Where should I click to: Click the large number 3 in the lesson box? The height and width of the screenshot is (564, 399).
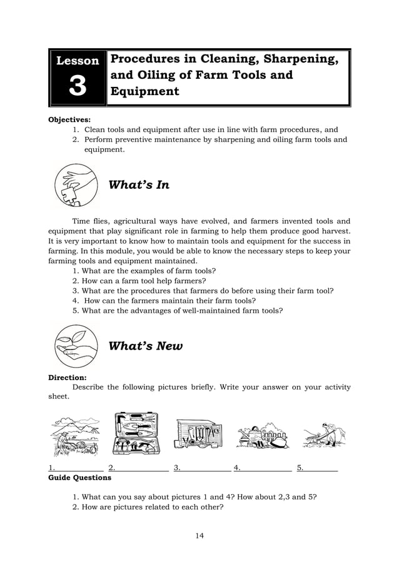(78, 86)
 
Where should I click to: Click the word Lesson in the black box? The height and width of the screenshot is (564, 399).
(78, 61)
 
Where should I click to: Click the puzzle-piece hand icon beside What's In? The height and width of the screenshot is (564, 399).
(76, 185)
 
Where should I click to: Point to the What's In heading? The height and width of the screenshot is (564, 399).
(139, 185)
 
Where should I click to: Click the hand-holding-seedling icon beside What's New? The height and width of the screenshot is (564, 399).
(76, 345)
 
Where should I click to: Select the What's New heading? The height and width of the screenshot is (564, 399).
(146, 346)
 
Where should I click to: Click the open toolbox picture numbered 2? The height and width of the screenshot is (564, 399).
(136, 433)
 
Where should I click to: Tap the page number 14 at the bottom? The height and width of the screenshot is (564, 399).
(199, 535)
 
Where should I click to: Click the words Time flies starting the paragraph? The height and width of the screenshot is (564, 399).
(91, 221)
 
